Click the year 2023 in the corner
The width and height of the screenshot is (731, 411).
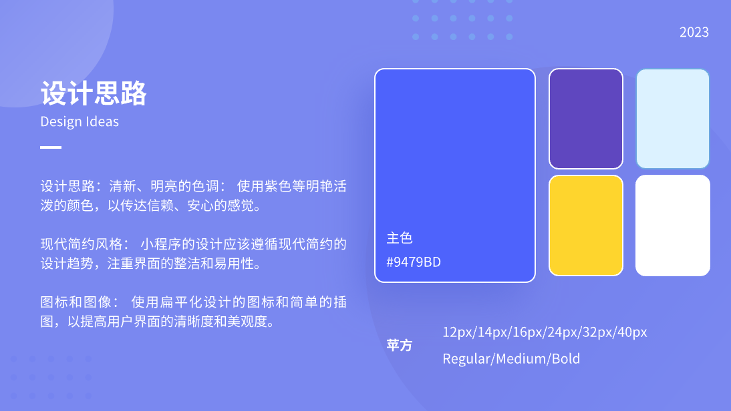click(694, 32)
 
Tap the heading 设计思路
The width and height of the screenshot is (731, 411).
click(94, 93)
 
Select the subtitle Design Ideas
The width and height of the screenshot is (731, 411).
click(80, 121)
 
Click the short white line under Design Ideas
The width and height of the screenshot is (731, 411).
click(51, 147)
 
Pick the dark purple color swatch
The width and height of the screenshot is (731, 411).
click(586, 119)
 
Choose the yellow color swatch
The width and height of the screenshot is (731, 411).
click(586, 226)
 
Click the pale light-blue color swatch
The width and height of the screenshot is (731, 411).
click(673, 119)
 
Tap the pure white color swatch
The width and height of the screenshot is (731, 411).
click(673, 226)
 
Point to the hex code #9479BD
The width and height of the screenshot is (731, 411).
click(414, 262)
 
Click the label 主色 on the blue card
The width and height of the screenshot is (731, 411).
click(400, 238)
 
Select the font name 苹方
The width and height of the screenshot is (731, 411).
click(400, 346)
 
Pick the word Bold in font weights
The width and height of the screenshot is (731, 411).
click(566, 359)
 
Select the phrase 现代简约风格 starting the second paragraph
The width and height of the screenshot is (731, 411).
click(81, 244)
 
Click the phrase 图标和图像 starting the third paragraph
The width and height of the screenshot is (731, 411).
click(76, 302)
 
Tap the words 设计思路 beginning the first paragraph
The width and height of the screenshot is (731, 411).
click(67, 187)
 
